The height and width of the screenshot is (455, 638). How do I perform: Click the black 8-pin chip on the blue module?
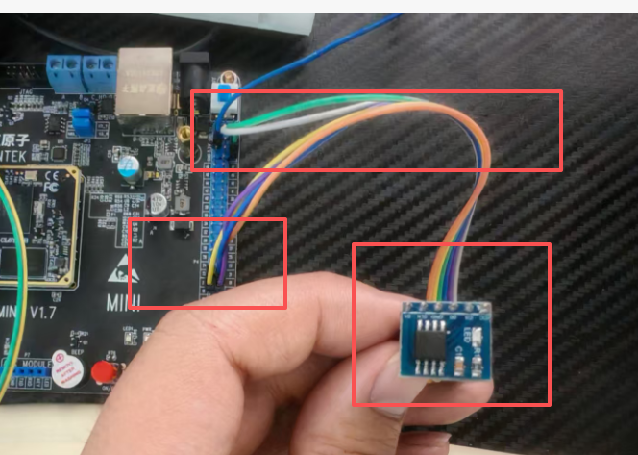[x=437, y=341]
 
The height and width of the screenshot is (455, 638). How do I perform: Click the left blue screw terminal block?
[x=61, y=69]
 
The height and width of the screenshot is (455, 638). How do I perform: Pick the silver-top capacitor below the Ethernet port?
[x=128, y=166]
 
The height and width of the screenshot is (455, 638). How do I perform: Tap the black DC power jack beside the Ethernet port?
[x=196, y=72]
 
